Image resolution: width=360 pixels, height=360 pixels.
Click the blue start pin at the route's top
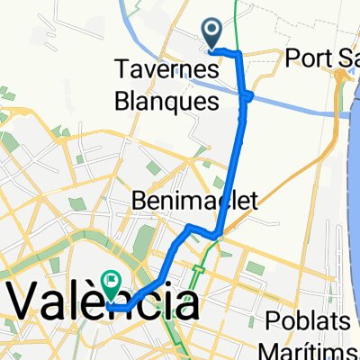click(x=213, y=32)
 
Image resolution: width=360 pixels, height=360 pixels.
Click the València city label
click(x=103, y=303)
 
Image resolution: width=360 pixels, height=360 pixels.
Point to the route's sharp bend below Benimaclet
click(x=217, y=236)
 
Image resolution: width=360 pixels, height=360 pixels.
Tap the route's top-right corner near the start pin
click(x=240, y=56)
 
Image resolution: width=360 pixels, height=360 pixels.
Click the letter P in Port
click(x=293, y=60)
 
